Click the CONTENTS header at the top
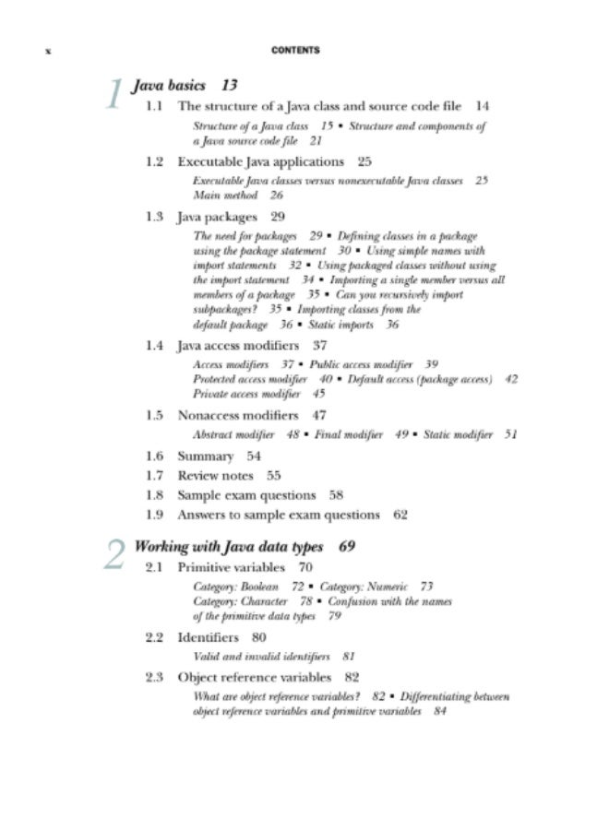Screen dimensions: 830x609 pos(296,50)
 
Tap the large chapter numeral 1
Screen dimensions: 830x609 pos(113,94)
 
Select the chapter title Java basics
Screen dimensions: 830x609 pos(169,86)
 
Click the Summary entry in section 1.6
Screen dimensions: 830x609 pos(205,456)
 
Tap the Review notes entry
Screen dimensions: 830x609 pos(215,476)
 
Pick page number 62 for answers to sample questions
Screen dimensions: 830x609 pos(400,515)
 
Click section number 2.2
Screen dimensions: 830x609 pos(154,637)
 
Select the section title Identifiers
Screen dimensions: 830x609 pos(208,637)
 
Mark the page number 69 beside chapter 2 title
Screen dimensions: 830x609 pos(347,546)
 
